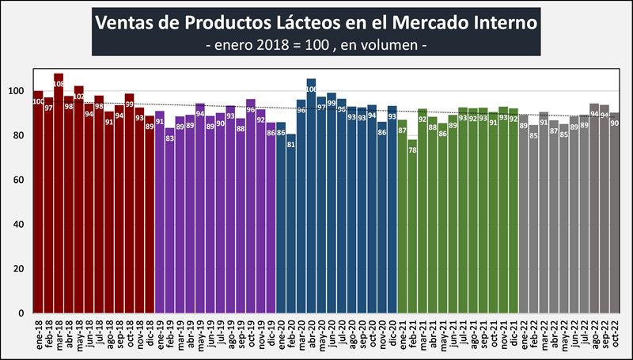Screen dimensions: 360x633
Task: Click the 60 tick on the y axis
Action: (21, 180)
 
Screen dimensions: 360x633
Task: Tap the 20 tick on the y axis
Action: (21, 269)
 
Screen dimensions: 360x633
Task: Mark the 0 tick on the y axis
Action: (24, 313)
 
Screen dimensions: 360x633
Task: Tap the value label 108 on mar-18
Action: (59, 81)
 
